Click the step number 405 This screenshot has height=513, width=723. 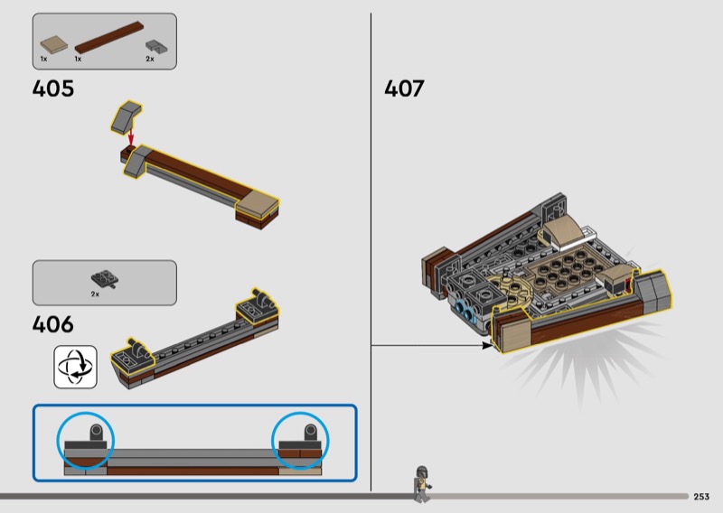(x=53, y=89)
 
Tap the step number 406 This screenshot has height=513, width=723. (x=53, y=324)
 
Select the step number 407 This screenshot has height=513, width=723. (x=404, y=89)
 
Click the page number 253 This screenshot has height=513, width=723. (x=701, y=497)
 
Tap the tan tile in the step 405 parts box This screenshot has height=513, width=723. (x=54, y=44)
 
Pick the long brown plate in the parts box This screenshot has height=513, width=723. (x=109, y=37)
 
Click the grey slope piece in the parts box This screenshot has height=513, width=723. (x=156, y=47)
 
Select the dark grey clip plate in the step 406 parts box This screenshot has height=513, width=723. (x=105, y=279)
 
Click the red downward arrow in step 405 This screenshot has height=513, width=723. (x=131, y=136)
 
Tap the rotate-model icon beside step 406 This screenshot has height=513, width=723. (x=75, y=367)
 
